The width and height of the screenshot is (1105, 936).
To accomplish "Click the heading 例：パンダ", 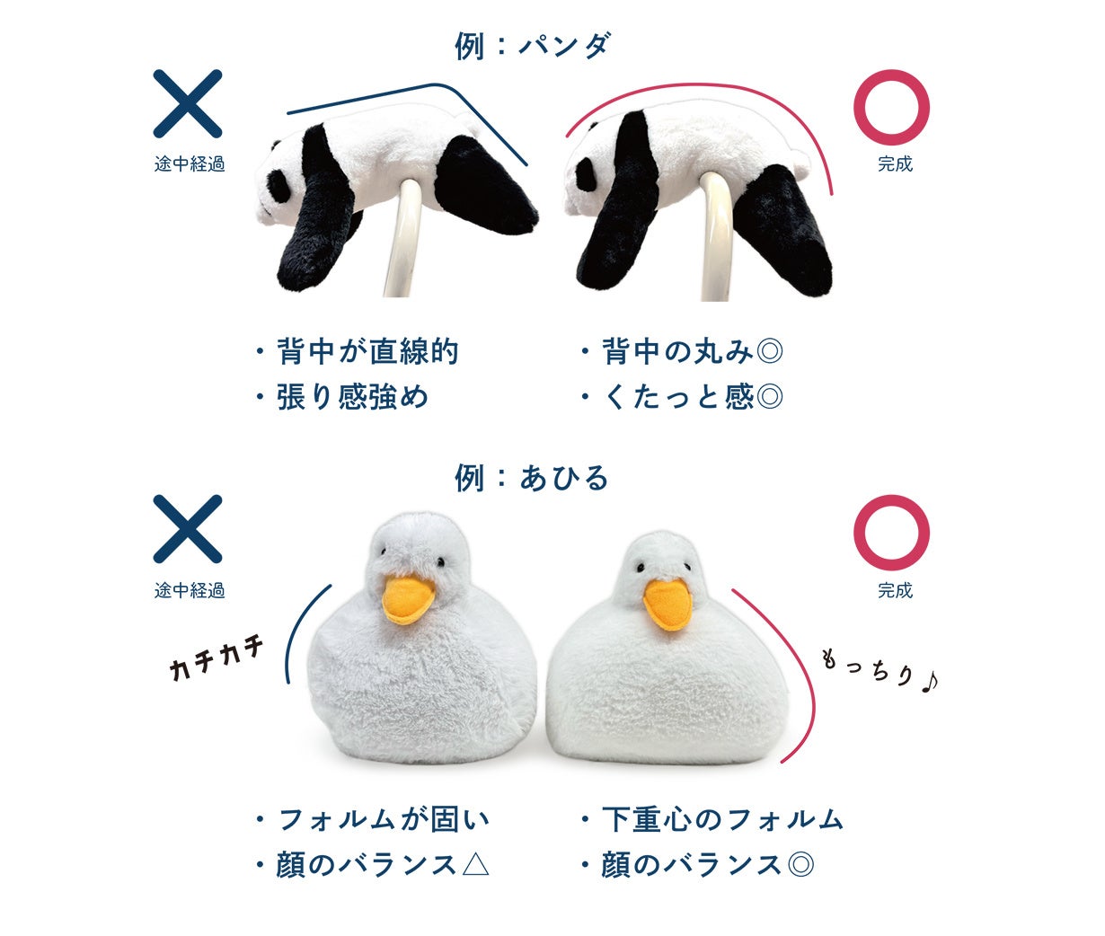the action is [x=533, y=46].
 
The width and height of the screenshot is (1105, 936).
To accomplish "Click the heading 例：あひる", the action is [x=531, y=477].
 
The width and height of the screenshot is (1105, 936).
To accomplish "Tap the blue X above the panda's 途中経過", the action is [x=188, y=103].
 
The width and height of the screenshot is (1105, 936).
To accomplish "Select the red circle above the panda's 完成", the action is [x=892, y=107].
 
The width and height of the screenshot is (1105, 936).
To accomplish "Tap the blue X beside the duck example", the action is [x=188, y=529].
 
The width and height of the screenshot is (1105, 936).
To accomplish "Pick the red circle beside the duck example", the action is [x=892, y=533].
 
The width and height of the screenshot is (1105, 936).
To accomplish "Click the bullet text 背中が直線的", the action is [x=367, y=351].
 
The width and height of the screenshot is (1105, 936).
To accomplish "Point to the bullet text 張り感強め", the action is [x=352, y=397].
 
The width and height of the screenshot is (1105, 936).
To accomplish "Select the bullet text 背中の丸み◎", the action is [x=693, y=351].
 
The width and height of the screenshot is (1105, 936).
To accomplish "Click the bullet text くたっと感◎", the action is [x=693, y=397].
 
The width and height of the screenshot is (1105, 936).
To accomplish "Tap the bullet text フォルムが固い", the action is [x=384, y=819].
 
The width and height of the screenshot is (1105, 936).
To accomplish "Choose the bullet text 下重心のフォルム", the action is [x=723, y=819].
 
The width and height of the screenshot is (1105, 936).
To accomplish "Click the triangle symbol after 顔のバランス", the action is [x=475, y=865].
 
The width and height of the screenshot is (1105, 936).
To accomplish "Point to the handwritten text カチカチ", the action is [x=217, y=658].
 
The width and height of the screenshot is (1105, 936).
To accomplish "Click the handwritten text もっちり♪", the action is [x=880, y=672].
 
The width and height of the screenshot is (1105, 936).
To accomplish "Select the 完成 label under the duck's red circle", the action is [x=895, y=591].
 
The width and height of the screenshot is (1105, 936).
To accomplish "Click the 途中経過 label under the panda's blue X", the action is [x=190, y=163].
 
